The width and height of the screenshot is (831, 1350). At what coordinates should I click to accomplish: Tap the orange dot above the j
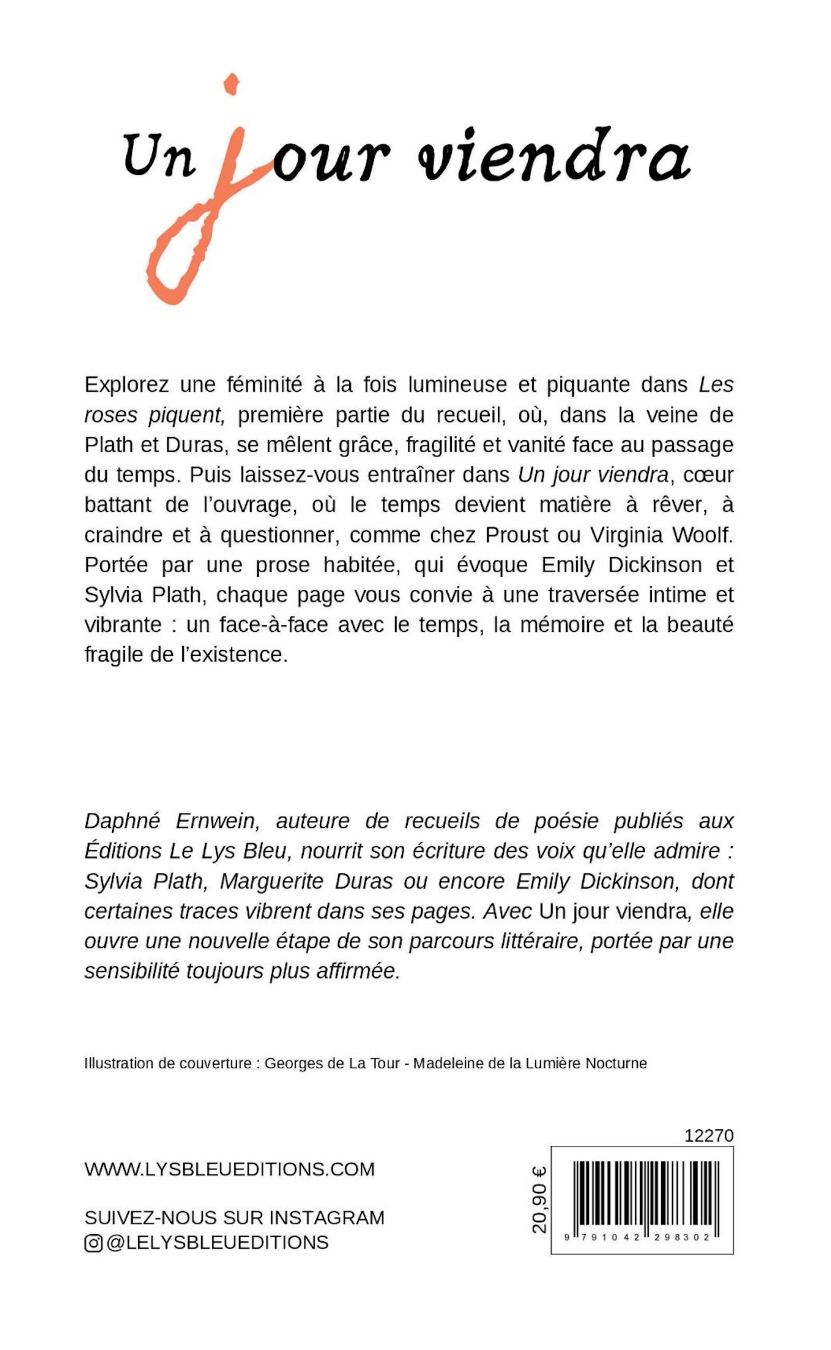(231, 84)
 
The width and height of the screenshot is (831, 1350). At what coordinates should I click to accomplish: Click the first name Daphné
(122, 822)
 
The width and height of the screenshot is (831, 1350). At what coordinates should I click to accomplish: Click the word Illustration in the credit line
(118, 1063)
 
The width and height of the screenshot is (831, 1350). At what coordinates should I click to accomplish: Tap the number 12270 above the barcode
(709, 1136)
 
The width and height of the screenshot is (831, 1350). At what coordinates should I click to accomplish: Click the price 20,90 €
(540, 1200)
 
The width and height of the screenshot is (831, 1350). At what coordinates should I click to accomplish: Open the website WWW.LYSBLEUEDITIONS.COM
(230, 1170)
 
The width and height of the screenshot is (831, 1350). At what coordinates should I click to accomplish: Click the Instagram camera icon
(93, 1243)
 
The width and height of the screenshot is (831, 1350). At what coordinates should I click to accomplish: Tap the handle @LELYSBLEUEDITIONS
(217, 1243)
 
